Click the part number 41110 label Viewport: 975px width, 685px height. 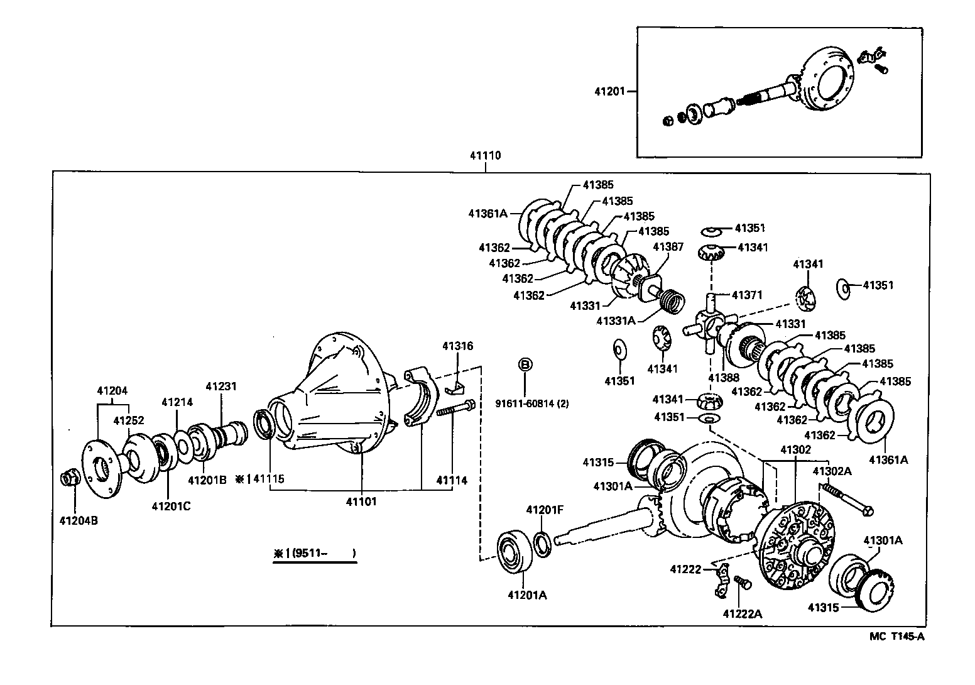pos(485,155)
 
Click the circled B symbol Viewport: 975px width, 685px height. pos(525,364)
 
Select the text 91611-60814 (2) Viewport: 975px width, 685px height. pos(531,404)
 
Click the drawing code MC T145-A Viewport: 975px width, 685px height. pos(897,637)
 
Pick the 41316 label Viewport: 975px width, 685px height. pos(457,346)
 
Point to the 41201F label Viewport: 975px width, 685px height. pos(545,509)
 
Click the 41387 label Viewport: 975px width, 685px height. pos(668,247)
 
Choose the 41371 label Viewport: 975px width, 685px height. pos(747,295)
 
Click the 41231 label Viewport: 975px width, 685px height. pos(221,386)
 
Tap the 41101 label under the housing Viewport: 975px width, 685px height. pos(362,501)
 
